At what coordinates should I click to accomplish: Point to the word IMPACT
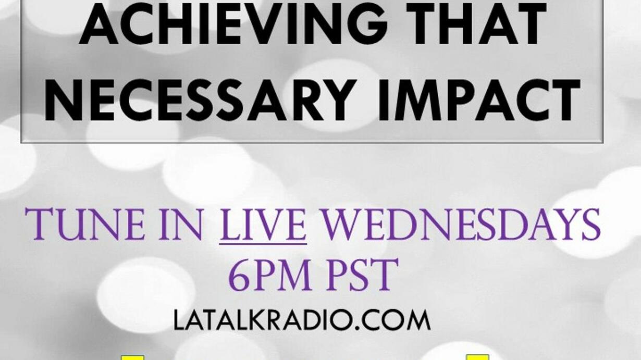(x=480, y=100)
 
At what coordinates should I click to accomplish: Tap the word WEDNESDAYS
(x=461, y=225)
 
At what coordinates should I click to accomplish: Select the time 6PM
(x=270, y=274)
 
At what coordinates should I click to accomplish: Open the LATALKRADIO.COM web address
(x=302, y=320)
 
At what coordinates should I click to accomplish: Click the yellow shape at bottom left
(x=132, y=357)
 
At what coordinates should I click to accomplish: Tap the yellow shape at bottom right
(x=477, y=357)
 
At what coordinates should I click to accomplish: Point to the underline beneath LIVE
(x=263, y=244)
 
